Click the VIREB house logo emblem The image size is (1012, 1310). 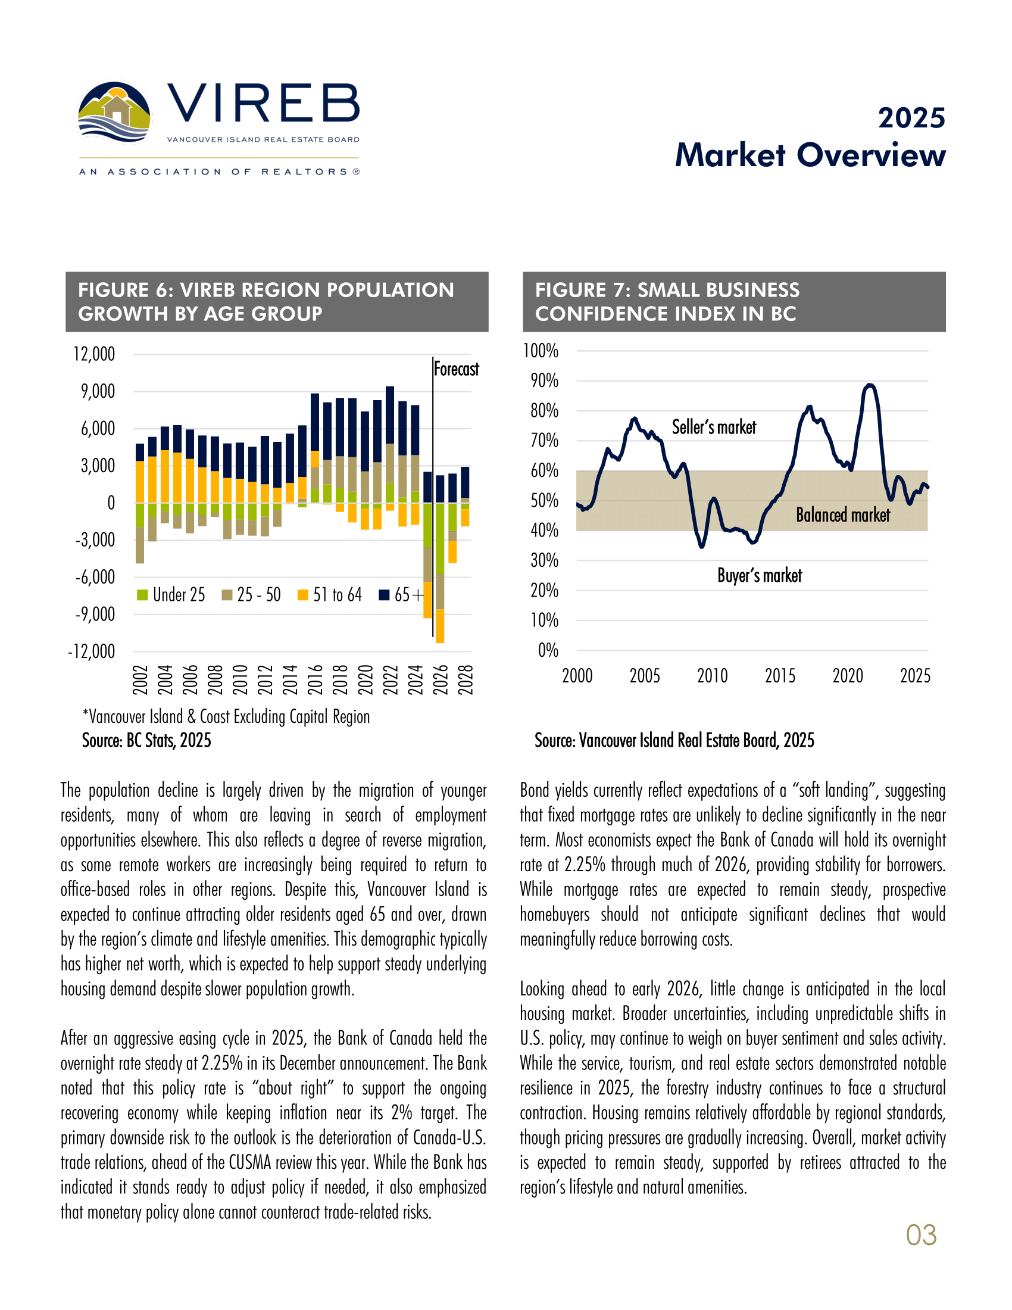click(114, 113)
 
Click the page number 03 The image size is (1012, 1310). click(921, 1235)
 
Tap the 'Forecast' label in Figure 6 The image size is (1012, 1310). click(456, 369)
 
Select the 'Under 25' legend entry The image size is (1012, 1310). click(171, 594)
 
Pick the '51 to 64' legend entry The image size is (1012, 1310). click(330, 594)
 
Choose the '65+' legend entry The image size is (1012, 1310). click(402, 594)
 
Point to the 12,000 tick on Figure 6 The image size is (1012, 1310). click(94, 354)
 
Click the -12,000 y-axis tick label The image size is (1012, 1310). click(91, 651)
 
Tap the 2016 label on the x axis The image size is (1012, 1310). click(316, 679)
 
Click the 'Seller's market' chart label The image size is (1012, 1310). click(713, 427)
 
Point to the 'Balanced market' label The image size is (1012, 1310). click(842, 514)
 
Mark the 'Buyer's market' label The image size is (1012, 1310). click(760, 575)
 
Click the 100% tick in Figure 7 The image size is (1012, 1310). click(541, 351)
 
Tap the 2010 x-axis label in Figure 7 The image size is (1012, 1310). click(712, 676)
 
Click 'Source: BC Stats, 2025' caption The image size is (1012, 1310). click(146, 740)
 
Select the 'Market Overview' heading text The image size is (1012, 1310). click(810, 155)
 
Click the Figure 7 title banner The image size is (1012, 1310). click(734, 302)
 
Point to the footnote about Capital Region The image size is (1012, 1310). click(226, 716)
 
